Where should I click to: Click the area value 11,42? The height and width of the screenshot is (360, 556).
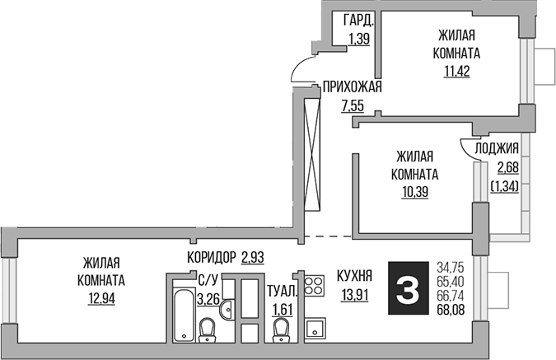coord(457,69)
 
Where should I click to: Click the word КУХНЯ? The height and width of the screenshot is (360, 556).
coord(355,276)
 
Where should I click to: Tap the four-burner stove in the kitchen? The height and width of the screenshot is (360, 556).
coord(313,286)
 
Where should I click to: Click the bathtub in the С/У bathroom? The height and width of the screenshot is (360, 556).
coord(180,312)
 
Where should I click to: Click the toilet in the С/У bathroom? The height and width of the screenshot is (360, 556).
coord(209,330)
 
